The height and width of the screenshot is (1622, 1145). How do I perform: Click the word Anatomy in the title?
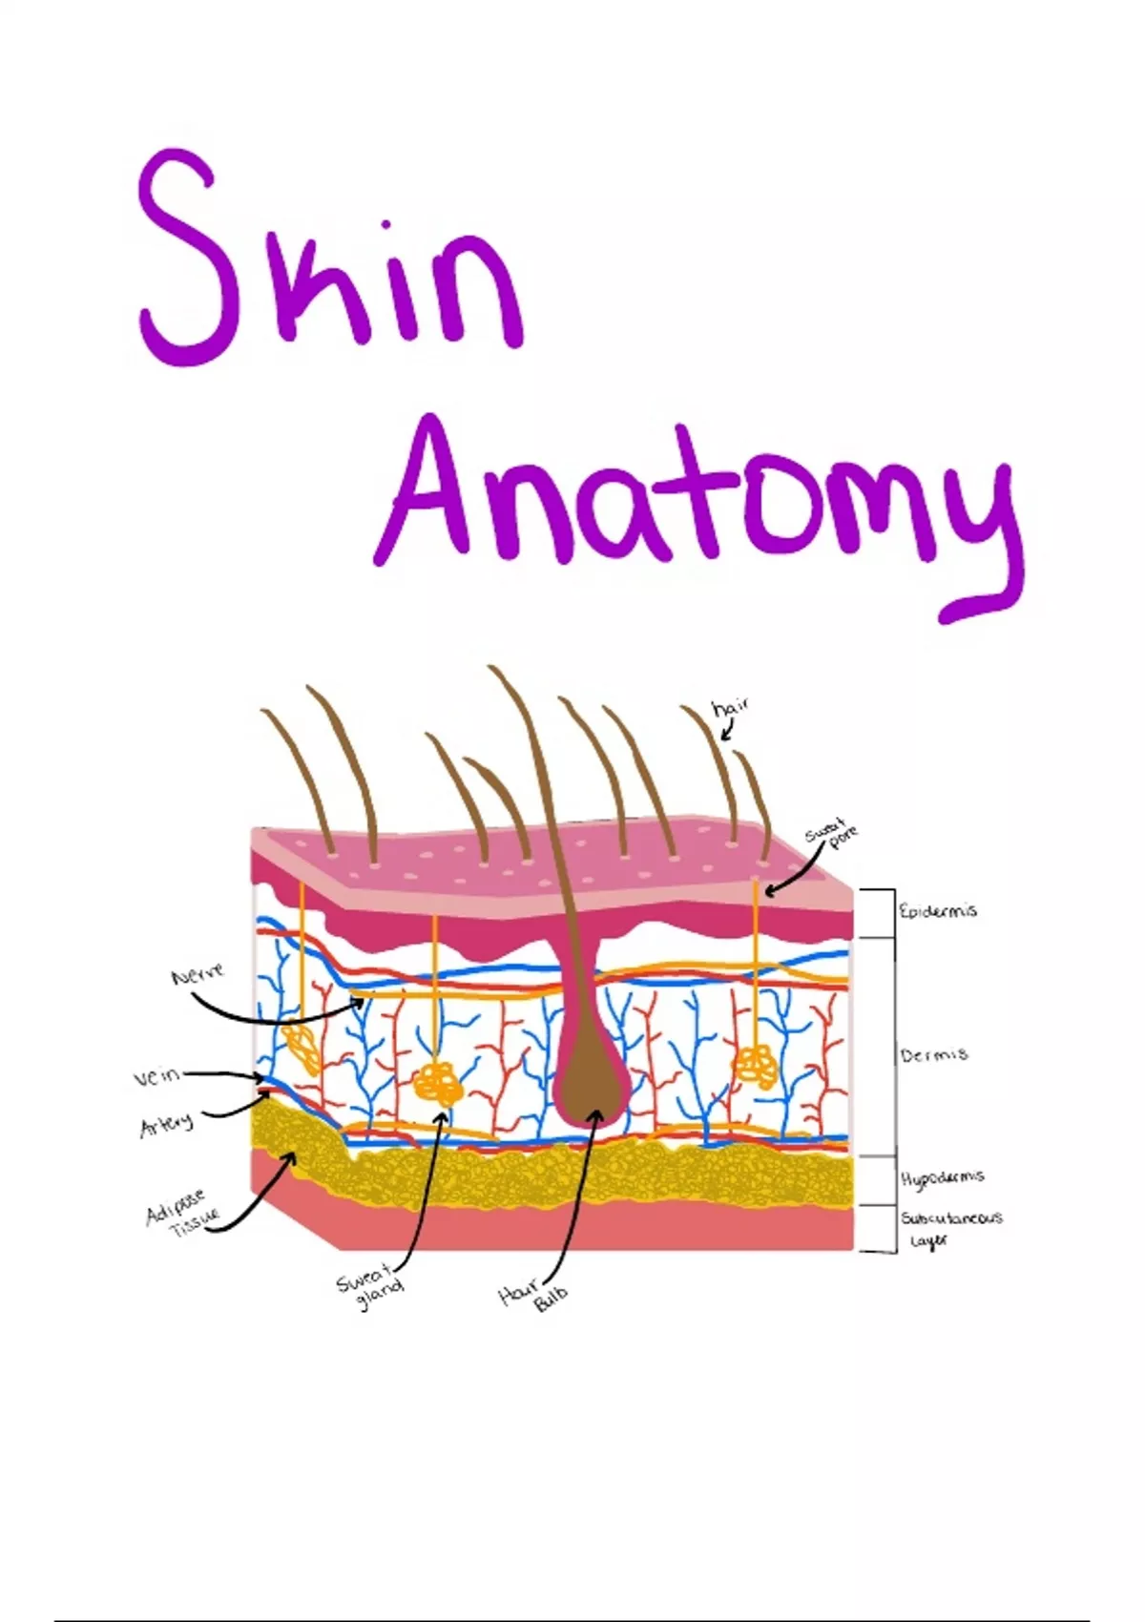pyautogui.click(x=697, y=506)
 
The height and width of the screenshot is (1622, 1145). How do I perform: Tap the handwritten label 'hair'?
pyautogui.click(x=730, y=708)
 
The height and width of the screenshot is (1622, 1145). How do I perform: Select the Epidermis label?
pyautogui.click(x=938, y=911)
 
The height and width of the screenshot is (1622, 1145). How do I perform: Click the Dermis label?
pyautogui.click(x=934, y=1055)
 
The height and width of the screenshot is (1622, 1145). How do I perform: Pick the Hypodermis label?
pyautogui.click(x=942, y=1179)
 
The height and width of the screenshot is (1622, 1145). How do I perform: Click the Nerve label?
pyautogui.click(x=198, y=975)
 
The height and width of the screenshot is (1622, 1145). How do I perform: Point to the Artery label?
pyautogui.click(x=166, y=1126)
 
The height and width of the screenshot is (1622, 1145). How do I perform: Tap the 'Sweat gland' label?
pyautogui.click(x=369, y=1288)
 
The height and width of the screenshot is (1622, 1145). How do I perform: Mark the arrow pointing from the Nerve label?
pyautogui.click(x=277, y=1015)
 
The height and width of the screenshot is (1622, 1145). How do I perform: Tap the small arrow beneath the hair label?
pyautogui.click(x=727, y=731)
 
